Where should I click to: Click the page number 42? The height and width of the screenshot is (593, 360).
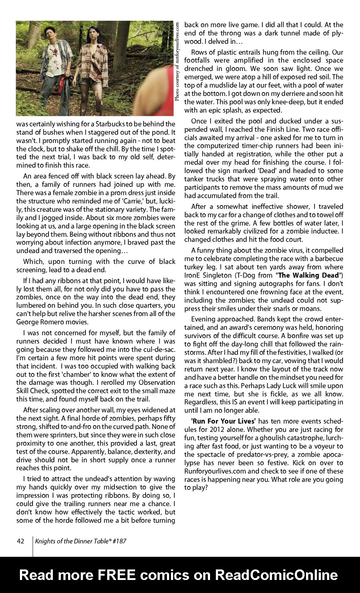click(20, 541)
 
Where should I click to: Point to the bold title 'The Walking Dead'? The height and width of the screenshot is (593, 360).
click(308, 275)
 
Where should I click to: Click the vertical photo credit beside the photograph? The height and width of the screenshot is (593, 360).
click(177, 62)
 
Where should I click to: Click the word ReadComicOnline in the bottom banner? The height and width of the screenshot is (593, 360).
click(276, 575)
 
